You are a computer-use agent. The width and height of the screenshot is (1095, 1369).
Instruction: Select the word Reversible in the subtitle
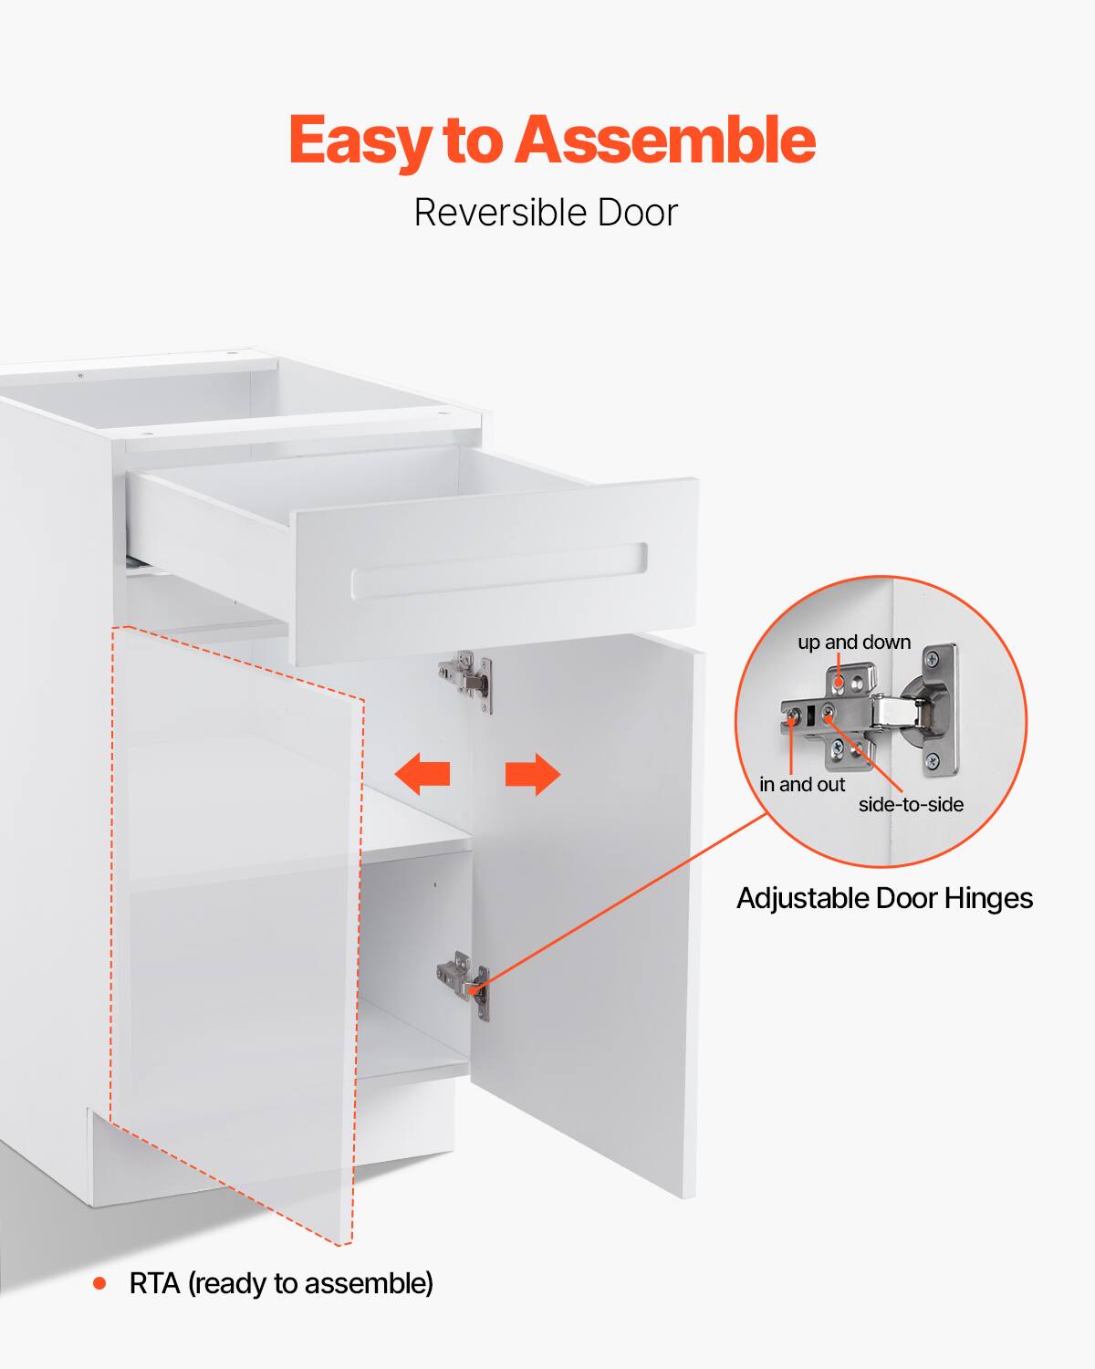pyautogui.click(x=498, y=213)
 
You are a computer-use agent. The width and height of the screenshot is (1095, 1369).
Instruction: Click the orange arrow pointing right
pyautogui.click(x=533, y=774)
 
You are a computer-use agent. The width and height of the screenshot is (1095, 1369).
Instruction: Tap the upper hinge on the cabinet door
pyautogui.click(x=468, y=679)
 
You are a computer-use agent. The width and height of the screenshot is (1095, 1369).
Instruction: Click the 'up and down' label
pyautogui.click(x=854, y=643)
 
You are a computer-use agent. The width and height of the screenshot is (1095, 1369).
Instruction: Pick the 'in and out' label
pyautogui.click(x=802, y=785)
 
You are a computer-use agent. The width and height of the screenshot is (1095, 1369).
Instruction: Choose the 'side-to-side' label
pyautogui.click(x=911, y=805)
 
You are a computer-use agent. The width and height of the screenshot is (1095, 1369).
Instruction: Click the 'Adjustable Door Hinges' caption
pyautogui.click(x=884, y=899)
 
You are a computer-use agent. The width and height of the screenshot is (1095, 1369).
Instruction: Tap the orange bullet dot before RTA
pyautogui.click(x=99, y=1284)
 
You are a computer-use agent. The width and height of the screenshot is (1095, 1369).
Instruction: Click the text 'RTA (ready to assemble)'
pyautogui.click(x=281, y=1284)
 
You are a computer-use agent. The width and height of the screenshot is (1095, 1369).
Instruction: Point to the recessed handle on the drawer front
pyautogui.click(x=499, y=571)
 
